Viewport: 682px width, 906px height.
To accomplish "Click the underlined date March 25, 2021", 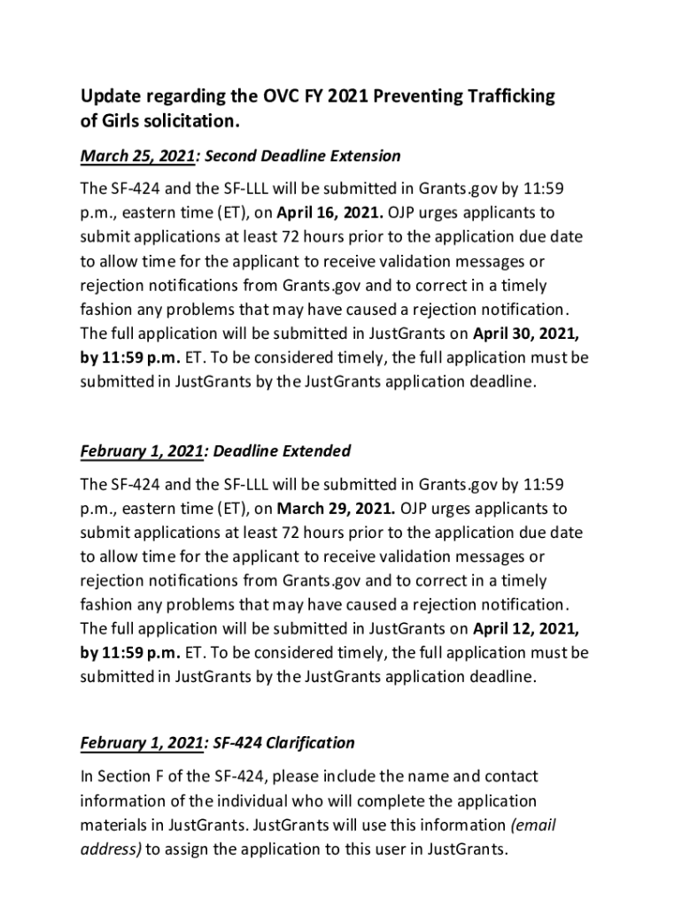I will point(137,157).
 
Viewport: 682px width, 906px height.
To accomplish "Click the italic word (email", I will point(532,825).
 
